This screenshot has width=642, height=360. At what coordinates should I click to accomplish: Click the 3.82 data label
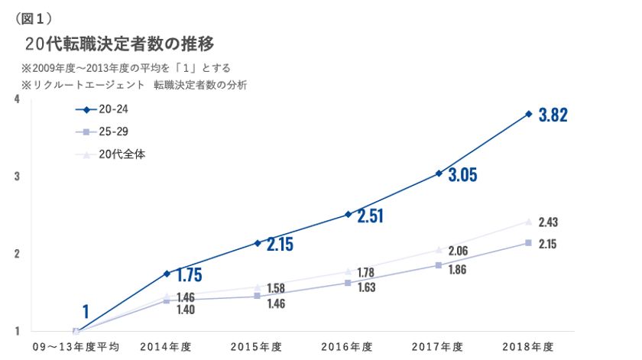tap(553, 115)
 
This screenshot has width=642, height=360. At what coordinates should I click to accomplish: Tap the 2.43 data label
tap(547, 222)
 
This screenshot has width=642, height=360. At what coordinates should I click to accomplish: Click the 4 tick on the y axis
tap(17, 99)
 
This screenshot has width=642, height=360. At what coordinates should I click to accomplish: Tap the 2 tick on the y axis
tap(17, 254)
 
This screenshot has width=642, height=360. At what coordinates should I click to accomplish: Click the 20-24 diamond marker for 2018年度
tap(528, 114)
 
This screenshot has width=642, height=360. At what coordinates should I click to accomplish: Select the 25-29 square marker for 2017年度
tap(438, 265)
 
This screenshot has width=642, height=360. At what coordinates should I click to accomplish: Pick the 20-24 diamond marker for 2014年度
tap(167, 273)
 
